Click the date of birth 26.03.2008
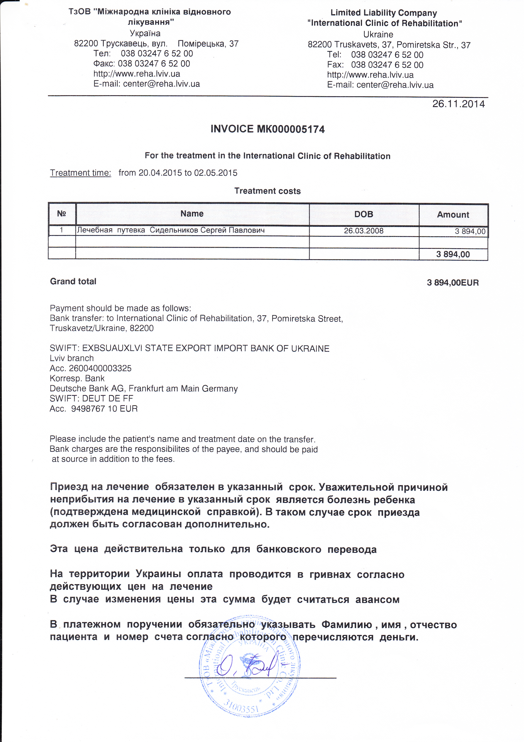pos(363,231)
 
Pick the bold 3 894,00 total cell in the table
pos(453,254)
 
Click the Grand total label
pos(73,281)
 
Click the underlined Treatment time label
pos(80,173)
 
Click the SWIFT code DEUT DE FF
pos(108,398)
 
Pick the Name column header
pos(192,214)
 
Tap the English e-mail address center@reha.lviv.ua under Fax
pos(395,85)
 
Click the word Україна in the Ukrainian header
pos(145,33)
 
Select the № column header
pos(62,214)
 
